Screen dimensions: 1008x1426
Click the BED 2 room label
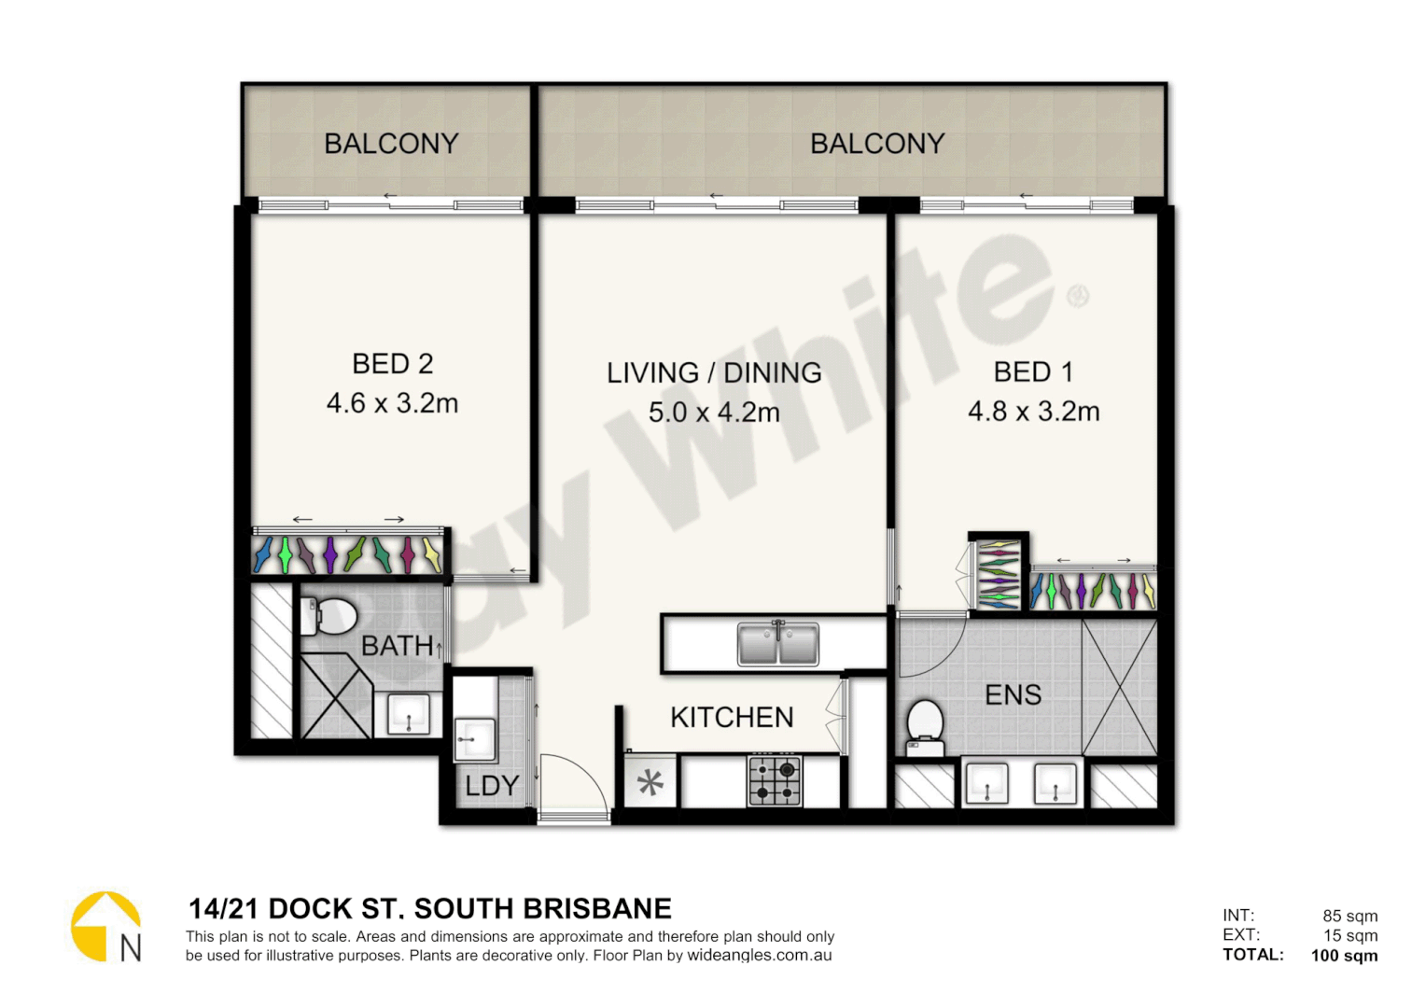(392, 363)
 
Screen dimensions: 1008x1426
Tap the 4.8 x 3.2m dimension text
(1033, 412)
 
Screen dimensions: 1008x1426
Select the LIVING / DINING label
(714, 372)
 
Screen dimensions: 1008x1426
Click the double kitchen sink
(777, 643)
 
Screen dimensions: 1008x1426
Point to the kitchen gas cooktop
(775, 781)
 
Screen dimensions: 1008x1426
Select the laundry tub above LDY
(475, 738)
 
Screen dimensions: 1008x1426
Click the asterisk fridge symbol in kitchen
(650, 782)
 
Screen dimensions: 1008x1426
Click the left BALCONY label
(391, 144)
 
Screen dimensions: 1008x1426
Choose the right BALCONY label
(877, 144)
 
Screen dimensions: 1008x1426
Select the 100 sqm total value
(1344, 955)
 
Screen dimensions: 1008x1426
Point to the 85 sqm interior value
(1349, 916)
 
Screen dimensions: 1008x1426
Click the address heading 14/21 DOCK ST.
(429, 908)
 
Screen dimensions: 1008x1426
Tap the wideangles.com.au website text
(759, 956)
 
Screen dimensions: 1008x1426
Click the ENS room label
(1013, 694)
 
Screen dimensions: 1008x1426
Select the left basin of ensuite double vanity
(986, 782)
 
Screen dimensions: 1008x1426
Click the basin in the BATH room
(409, 714)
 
